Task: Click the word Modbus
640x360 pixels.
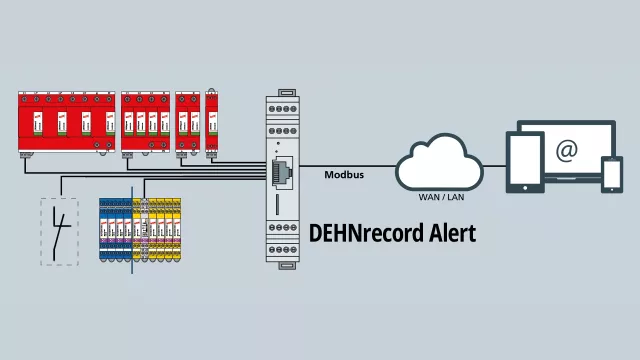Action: (x=343, y=175)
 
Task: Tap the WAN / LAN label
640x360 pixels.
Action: (x=440, y=197)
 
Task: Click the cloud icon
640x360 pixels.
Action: (x=440, y=165)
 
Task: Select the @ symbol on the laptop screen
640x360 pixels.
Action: (x=567, y=151)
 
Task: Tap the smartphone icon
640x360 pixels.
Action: (x=611, y=174)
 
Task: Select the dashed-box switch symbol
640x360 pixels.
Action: (x=59, y=231)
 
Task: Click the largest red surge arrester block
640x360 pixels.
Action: (x=65, y=124)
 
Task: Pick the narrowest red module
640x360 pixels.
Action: (x=212, y=122)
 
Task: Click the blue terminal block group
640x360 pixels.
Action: (x=116, y=230)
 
